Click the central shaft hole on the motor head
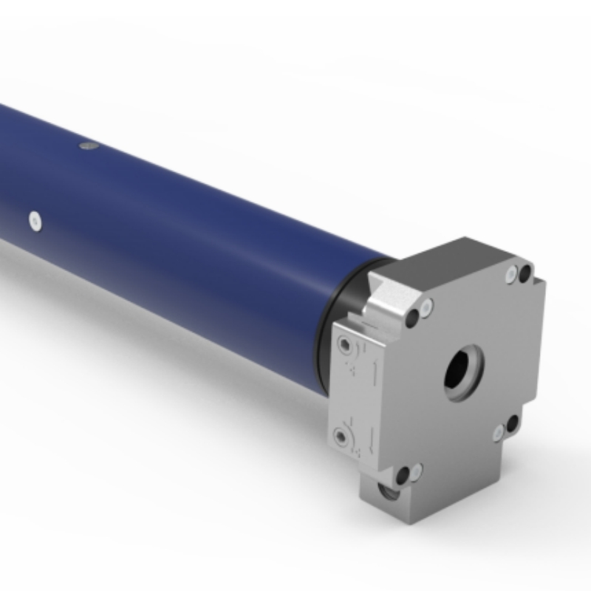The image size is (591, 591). coord(463,370)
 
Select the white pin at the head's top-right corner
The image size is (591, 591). coord(511,276)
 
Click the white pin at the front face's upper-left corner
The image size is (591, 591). coord(426,306)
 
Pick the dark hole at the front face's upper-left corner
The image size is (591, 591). coord(414,318)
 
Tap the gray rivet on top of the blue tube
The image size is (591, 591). coord(89,146)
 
